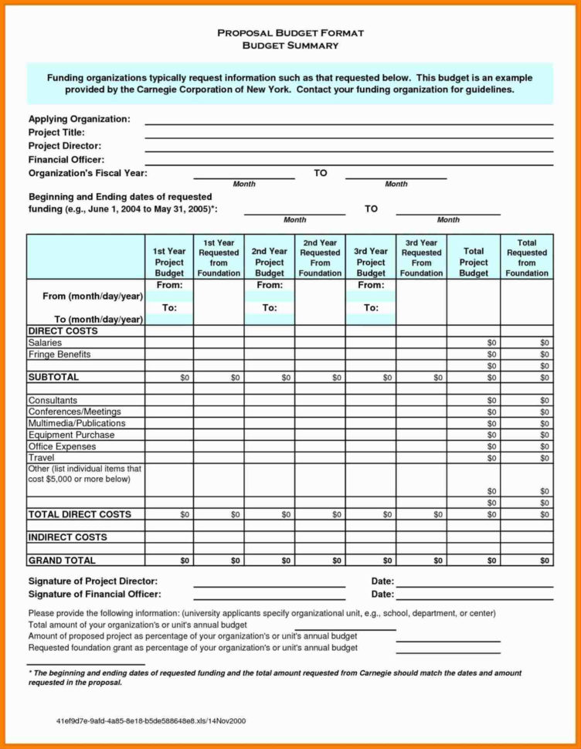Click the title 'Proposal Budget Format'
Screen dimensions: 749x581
[290, 33]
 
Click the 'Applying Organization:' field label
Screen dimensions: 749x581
[79, 119]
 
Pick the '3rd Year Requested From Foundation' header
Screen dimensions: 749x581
[421, 258]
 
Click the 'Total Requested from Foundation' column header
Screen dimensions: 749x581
[526, 258]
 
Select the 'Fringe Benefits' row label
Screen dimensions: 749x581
[59, 354]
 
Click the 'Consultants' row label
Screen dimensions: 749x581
[53, 400]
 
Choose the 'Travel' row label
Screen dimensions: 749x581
[41, 458]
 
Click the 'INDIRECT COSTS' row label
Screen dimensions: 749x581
[67, 537]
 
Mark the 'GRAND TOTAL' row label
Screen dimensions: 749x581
[62, 560]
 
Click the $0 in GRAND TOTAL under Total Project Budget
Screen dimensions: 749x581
[491, 561]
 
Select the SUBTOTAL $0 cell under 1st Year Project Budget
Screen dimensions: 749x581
[184, 378]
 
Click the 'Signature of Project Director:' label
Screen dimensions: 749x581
[93, 581]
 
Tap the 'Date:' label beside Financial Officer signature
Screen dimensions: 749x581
[382, 595]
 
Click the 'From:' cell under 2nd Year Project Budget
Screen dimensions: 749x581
[270, 285]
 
